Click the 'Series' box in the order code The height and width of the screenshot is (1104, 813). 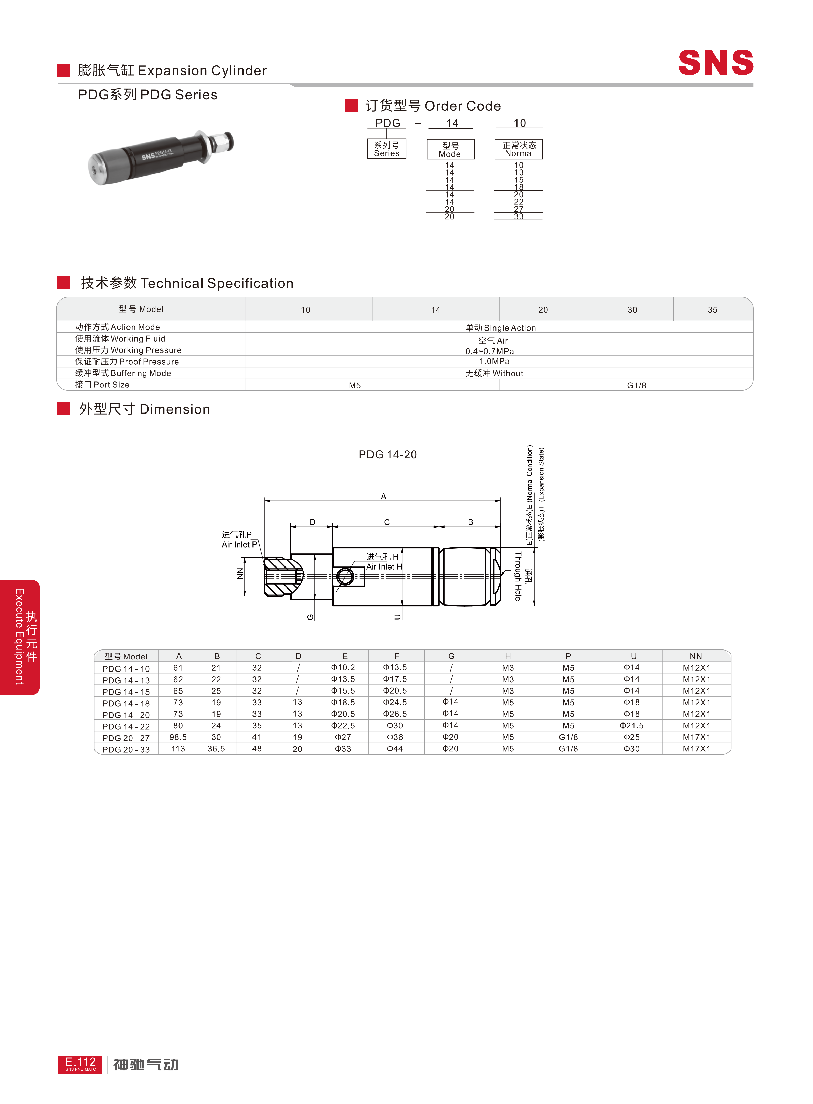point(387,149)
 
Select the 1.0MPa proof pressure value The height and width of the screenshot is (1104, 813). point(494,362)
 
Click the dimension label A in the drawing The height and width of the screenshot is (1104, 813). point(383,496)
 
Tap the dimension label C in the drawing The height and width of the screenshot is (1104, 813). point(387,522)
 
